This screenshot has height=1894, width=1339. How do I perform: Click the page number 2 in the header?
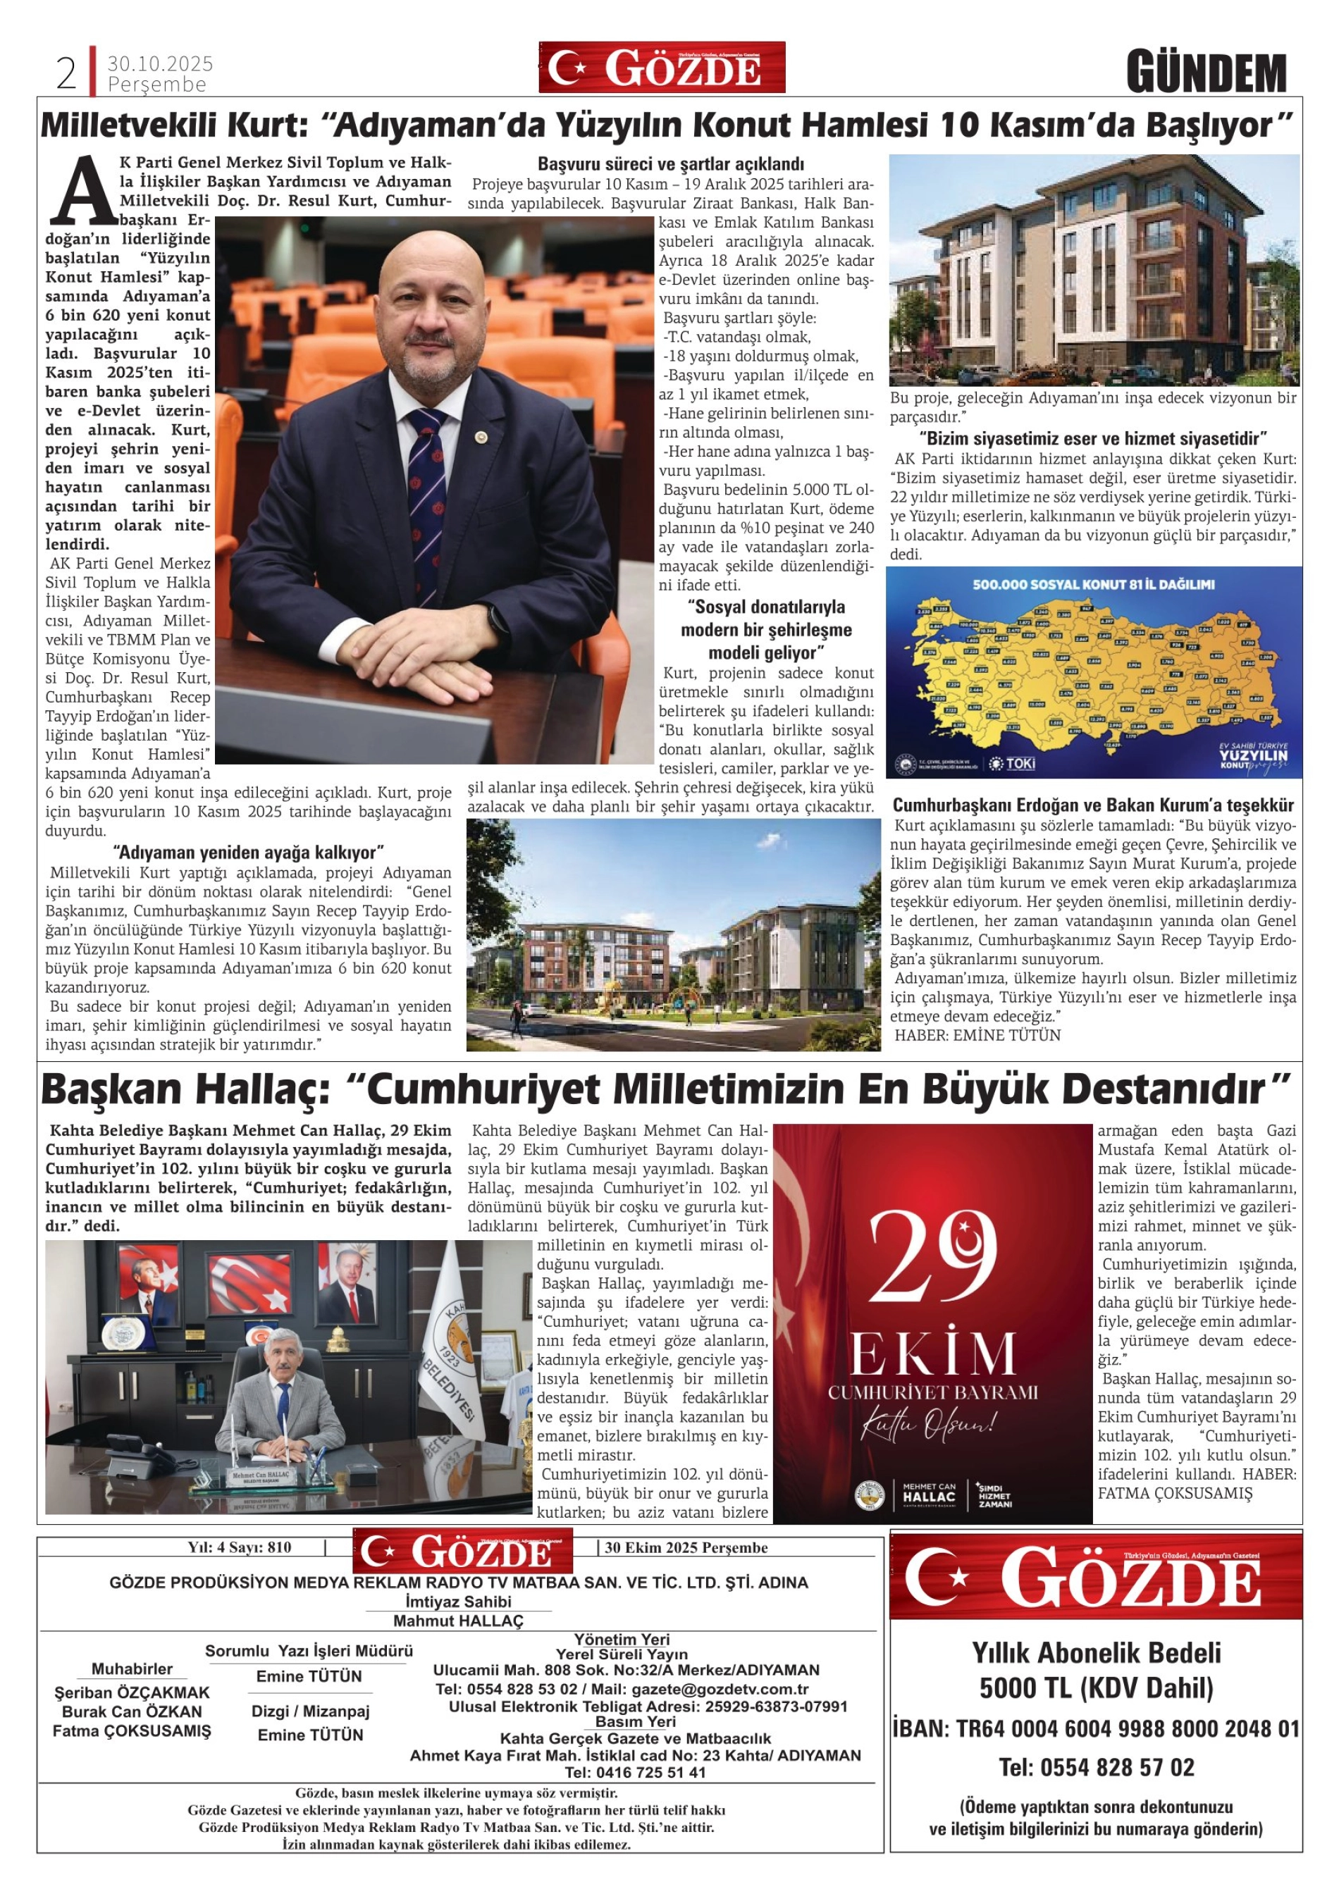66,74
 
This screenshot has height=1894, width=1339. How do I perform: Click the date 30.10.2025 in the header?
160,63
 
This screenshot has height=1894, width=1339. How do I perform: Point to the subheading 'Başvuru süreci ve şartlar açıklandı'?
670,164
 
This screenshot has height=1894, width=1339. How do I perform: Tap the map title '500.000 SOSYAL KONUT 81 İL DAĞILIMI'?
1093,585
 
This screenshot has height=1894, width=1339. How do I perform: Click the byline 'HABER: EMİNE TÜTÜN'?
977,1035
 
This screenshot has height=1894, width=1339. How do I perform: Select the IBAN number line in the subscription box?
1096,1729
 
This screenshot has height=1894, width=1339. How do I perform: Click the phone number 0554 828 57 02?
1096,1768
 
